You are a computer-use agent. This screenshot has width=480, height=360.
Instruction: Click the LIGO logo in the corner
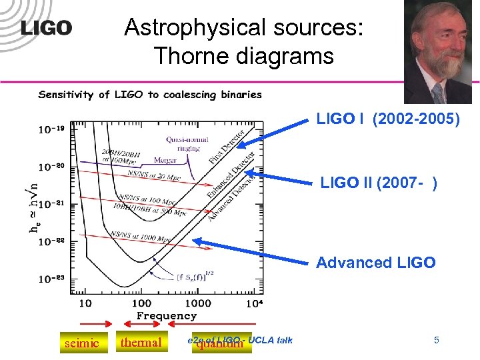[x=46, y=27]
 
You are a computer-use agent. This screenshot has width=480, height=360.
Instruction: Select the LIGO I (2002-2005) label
[x=389, y=120]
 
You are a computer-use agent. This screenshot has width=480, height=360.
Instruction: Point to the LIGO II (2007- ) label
[x=379, y=182]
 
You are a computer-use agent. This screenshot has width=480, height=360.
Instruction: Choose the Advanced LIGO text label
[x=375, y=262]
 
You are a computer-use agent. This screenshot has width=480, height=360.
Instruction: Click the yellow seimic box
[x=81, y=343]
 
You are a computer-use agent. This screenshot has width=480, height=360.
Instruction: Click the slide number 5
[x=436, y=341]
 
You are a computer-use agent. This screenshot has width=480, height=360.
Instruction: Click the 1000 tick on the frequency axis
[x=198, y=303]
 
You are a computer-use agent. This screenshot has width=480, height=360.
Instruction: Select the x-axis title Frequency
[x=167, y=315]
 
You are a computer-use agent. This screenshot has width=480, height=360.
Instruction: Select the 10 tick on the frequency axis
[x=86, y=303]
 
